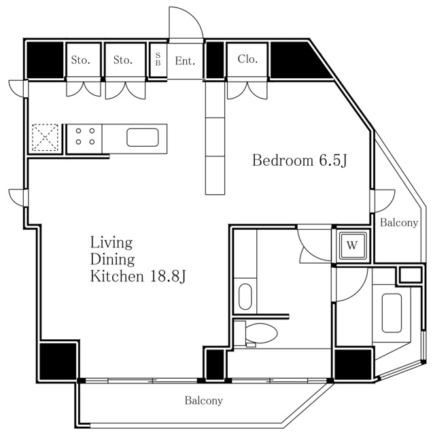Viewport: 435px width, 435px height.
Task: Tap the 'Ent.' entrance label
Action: (x=185, y=60)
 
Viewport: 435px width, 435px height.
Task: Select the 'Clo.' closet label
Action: (x=247, y=59)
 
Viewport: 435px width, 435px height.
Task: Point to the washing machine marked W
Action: (x=351, y=244)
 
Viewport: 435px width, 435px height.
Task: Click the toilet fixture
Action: (x=259, y=333)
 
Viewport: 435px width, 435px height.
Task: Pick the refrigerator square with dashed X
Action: (x=46, y=137)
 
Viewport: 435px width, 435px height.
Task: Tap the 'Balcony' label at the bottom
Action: (x=203, y=401)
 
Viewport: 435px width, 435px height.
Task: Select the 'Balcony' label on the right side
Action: (x=399, y=222)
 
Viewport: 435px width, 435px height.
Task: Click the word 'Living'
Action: (x=111, y=243)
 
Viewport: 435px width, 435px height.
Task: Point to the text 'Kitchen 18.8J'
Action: (x=139, y=277)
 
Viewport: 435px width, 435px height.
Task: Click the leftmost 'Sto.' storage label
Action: (x=81, y=60)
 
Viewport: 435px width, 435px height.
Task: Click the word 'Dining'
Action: (x=113, y=260)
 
